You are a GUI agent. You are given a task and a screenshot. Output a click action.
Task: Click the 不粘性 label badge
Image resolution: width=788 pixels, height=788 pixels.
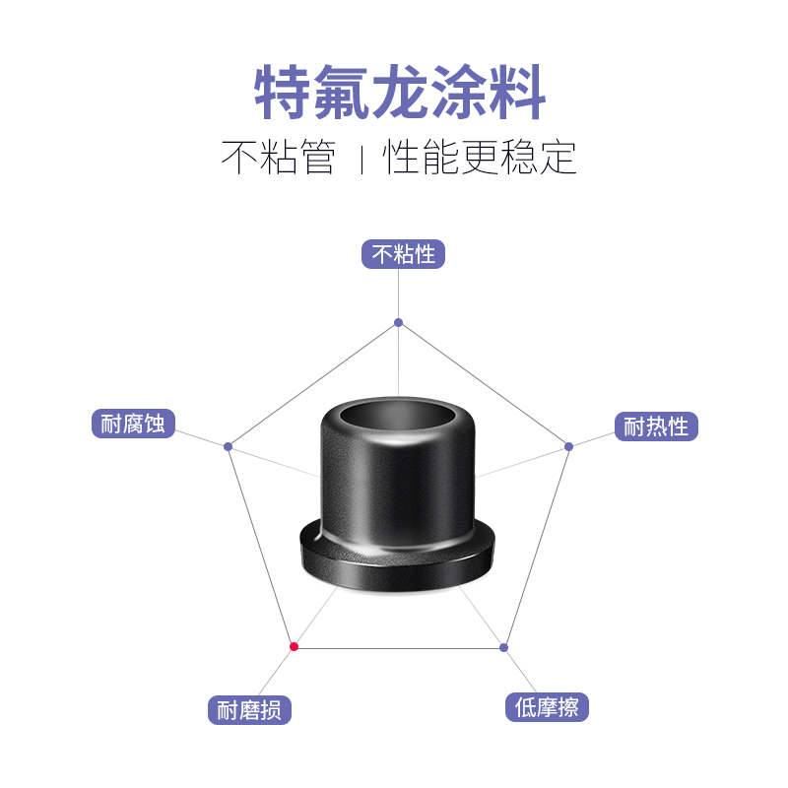[404, 254]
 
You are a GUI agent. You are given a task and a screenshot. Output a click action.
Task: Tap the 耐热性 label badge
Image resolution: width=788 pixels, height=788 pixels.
[656, 427]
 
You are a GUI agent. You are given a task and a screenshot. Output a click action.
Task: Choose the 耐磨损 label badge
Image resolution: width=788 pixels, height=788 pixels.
[249, 709]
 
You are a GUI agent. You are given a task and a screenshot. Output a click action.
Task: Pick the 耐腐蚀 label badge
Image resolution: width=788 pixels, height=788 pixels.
[133, 424]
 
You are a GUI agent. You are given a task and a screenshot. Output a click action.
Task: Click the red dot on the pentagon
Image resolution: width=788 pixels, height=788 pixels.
[294, 646]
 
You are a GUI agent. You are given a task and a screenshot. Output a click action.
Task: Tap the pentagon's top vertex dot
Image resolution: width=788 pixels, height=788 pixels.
[398, 322]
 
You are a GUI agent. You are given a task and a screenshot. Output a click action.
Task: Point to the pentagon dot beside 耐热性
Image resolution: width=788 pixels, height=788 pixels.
[568, 446]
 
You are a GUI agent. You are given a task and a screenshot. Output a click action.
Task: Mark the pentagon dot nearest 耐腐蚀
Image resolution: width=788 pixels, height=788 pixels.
[228, 446]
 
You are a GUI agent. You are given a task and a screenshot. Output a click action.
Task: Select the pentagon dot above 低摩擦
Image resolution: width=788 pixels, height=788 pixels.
[503, 647]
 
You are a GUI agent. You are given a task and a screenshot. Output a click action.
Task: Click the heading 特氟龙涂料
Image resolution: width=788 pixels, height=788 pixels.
[400, 94]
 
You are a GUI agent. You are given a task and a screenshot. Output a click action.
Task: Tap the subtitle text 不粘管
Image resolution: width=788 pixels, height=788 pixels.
[279, 158]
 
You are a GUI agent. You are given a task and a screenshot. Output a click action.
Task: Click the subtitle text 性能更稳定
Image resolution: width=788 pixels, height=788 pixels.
[480, 158]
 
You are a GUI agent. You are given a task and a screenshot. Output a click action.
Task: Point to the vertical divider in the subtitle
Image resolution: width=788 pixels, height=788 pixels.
[361, 159]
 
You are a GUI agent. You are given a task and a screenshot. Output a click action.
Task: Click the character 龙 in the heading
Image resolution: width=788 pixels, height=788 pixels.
[400, 94]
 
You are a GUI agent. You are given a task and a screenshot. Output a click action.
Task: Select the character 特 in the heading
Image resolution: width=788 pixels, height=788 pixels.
[285, 94]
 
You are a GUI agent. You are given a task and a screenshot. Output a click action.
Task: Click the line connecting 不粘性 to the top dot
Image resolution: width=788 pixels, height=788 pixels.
[398, 295]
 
